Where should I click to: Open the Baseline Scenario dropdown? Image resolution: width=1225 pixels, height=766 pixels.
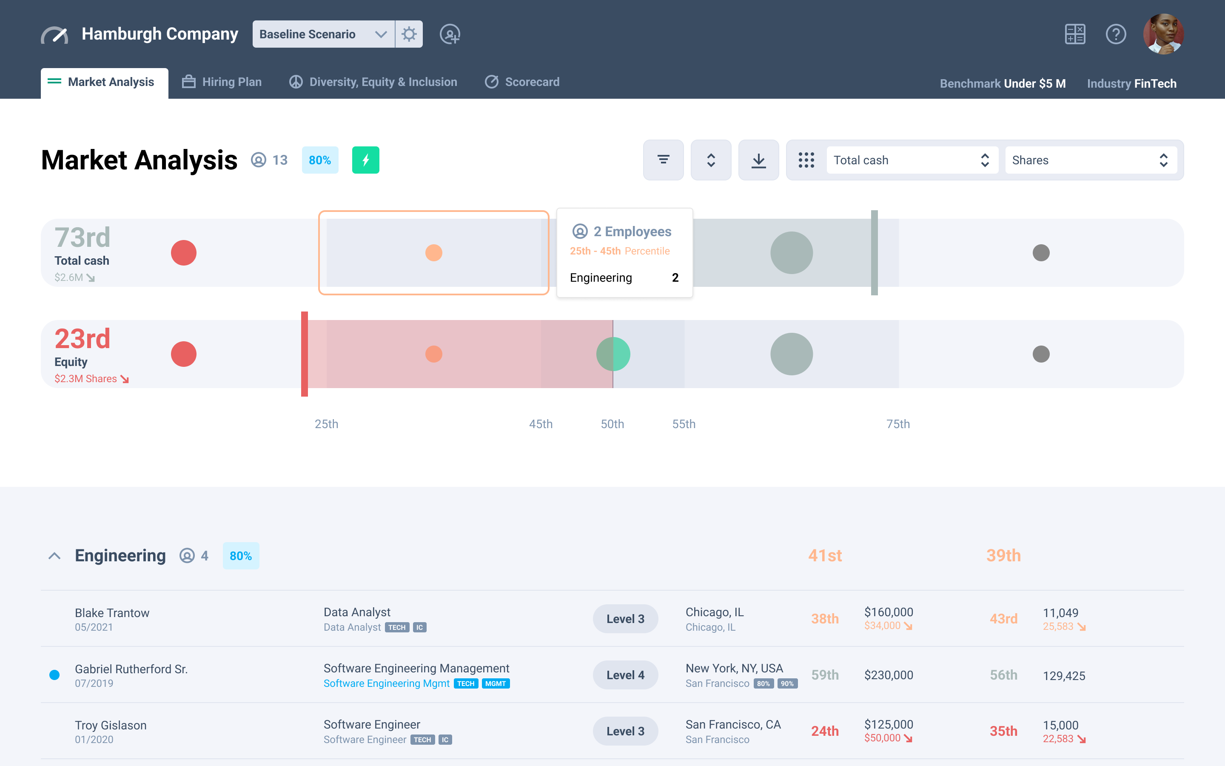323,34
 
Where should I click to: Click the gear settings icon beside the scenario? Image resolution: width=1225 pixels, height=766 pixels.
409,34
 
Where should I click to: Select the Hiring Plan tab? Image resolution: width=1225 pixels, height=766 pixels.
222,82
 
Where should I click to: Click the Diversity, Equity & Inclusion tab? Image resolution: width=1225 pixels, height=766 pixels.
373,82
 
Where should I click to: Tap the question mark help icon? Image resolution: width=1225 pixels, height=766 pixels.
1116,34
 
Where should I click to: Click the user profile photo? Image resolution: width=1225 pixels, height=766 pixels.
1163,34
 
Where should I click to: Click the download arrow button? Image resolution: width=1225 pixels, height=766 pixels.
758,160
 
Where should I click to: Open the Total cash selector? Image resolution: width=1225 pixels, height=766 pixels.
912,160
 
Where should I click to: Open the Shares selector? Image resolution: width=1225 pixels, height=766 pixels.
1090,160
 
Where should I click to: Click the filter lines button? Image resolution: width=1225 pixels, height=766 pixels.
663,160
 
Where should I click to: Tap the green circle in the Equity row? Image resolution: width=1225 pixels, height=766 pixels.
613,354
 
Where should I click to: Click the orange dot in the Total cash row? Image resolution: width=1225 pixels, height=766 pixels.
433,252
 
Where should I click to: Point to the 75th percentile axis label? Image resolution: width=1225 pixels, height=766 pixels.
898,424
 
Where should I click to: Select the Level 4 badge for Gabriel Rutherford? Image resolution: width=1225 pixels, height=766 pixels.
625,675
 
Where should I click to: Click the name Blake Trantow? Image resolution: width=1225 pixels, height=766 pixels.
112,613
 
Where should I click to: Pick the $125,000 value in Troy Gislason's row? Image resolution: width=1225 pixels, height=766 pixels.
889,724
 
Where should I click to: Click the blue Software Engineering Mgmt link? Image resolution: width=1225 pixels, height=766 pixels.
386,683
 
